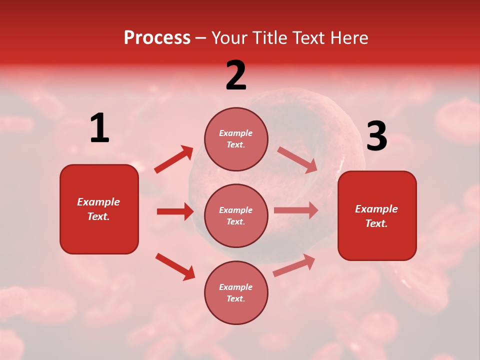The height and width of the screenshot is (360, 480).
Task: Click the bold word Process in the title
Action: click(157, 38)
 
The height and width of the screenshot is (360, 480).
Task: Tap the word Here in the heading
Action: click(348, 38)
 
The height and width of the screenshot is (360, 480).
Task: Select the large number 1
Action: click(99, 128)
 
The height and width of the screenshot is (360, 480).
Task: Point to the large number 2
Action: click(236, 75)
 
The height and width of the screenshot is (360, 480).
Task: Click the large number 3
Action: click(376, 136)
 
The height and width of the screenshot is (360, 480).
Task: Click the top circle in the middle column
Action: click(236, 139)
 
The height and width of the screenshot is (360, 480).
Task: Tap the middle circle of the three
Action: click(236, 215)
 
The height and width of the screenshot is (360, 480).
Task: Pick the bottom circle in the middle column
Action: click(236, 292)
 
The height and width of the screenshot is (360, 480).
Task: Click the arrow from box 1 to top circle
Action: click(174, 159)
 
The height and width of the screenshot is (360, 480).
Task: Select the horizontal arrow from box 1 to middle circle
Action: click(175, 211)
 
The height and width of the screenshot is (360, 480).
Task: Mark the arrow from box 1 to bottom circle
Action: click(175, 266)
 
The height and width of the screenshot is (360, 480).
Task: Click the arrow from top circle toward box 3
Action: click(297, 159)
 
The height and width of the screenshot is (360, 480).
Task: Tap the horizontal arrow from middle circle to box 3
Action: click(296, 210)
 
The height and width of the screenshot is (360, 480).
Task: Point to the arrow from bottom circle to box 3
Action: click(294, 265)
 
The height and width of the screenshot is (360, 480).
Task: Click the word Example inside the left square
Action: click(98, 202)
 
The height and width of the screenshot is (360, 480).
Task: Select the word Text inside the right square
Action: click(376, 223)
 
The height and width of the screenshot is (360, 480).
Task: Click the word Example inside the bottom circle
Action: click(236, 287)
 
